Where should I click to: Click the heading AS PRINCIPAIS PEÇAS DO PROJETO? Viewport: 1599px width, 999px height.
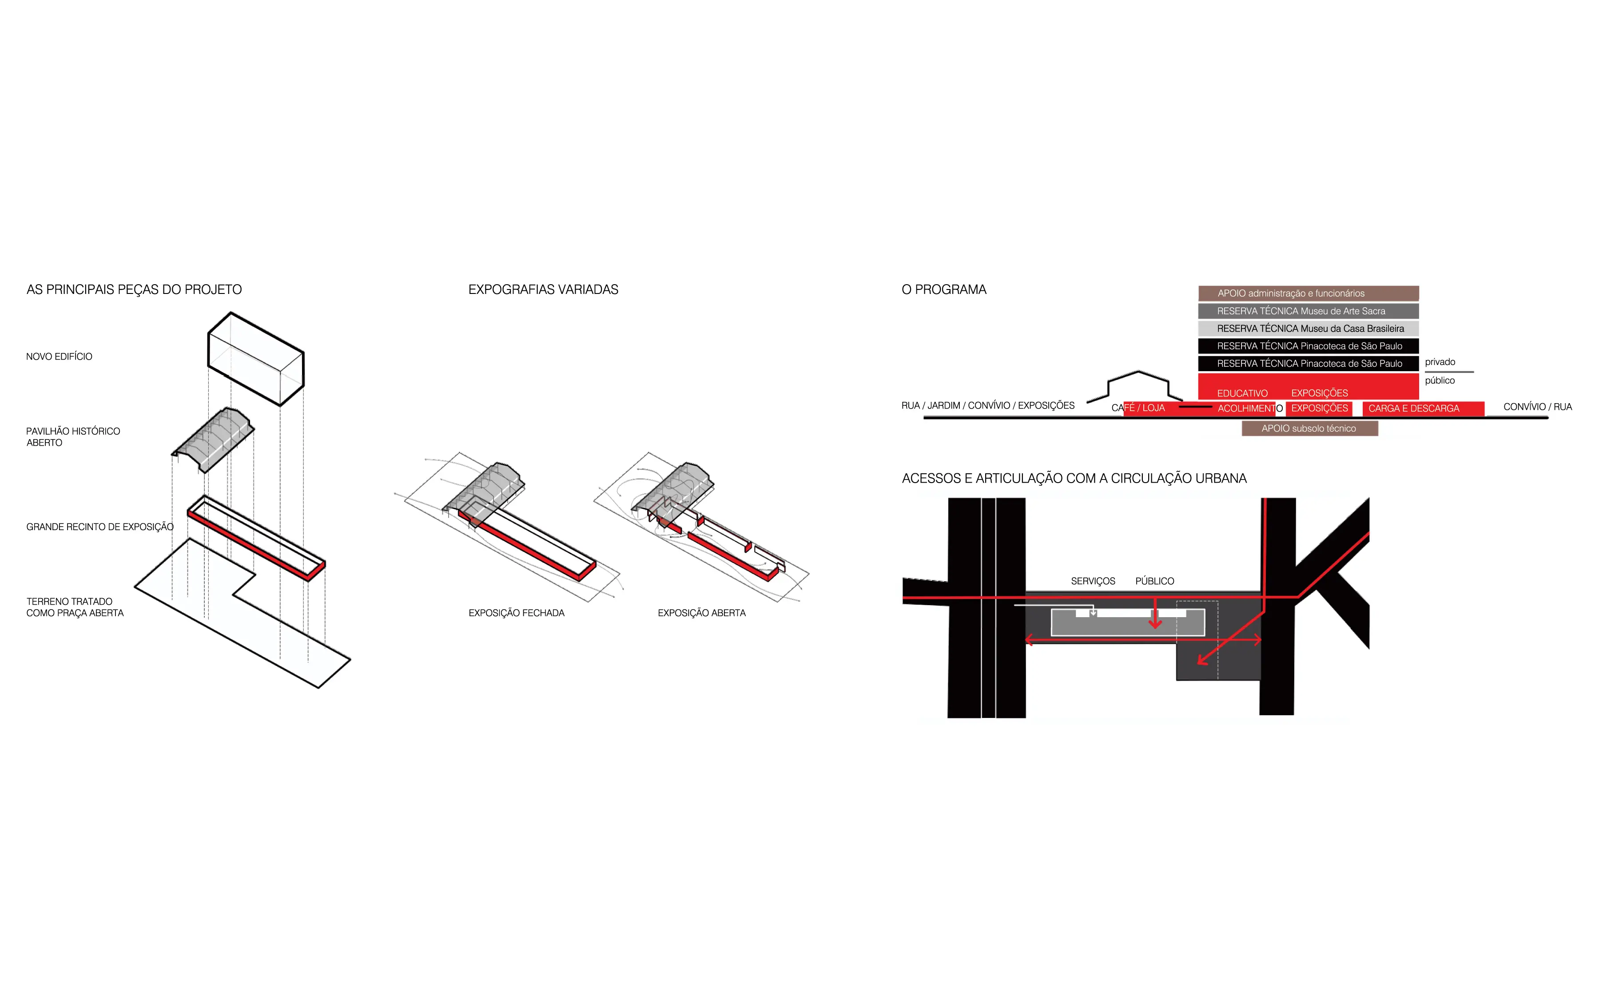(x=134, y=289)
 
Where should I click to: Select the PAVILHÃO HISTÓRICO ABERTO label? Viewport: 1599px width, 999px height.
(x=73, y=437)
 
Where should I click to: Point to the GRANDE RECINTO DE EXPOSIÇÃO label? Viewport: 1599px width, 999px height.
(x=100, y=527)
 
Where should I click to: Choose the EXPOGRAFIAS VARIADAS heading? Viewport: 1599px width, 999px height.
(x=543, y=289)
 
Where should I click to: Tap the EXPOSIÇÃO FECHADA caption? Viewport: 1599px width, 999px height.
(x=517, y=613)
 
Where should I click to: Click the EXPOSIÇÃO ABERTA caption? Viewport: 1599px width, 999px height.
(x=702, y=613)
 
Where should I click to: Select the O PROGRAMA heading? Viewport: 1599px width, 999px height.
(x=944, y=289)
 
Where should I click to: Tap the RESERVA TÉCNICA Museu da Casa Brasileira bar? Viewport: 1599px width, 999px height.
(x=1308, y=329)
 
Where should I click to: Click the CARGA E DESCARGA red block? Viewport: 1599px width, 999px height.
(x=1423, y=409)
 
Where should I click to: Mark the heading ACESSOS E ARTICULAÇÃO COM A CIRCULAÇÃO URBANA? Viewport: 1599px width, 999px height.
(x=1074, y=478)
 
